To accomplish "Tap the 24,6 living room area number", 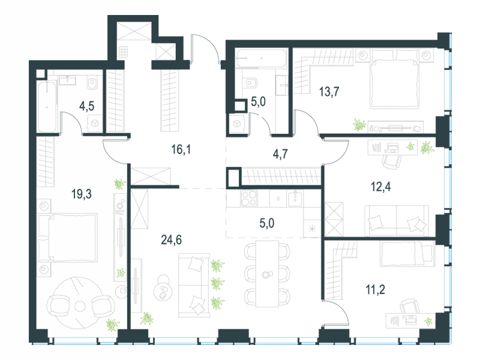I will click(172, 241).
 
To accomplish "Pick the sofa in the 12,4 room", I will click(396, 220).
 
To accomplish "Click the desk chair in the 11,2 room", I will click(410, 308).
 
